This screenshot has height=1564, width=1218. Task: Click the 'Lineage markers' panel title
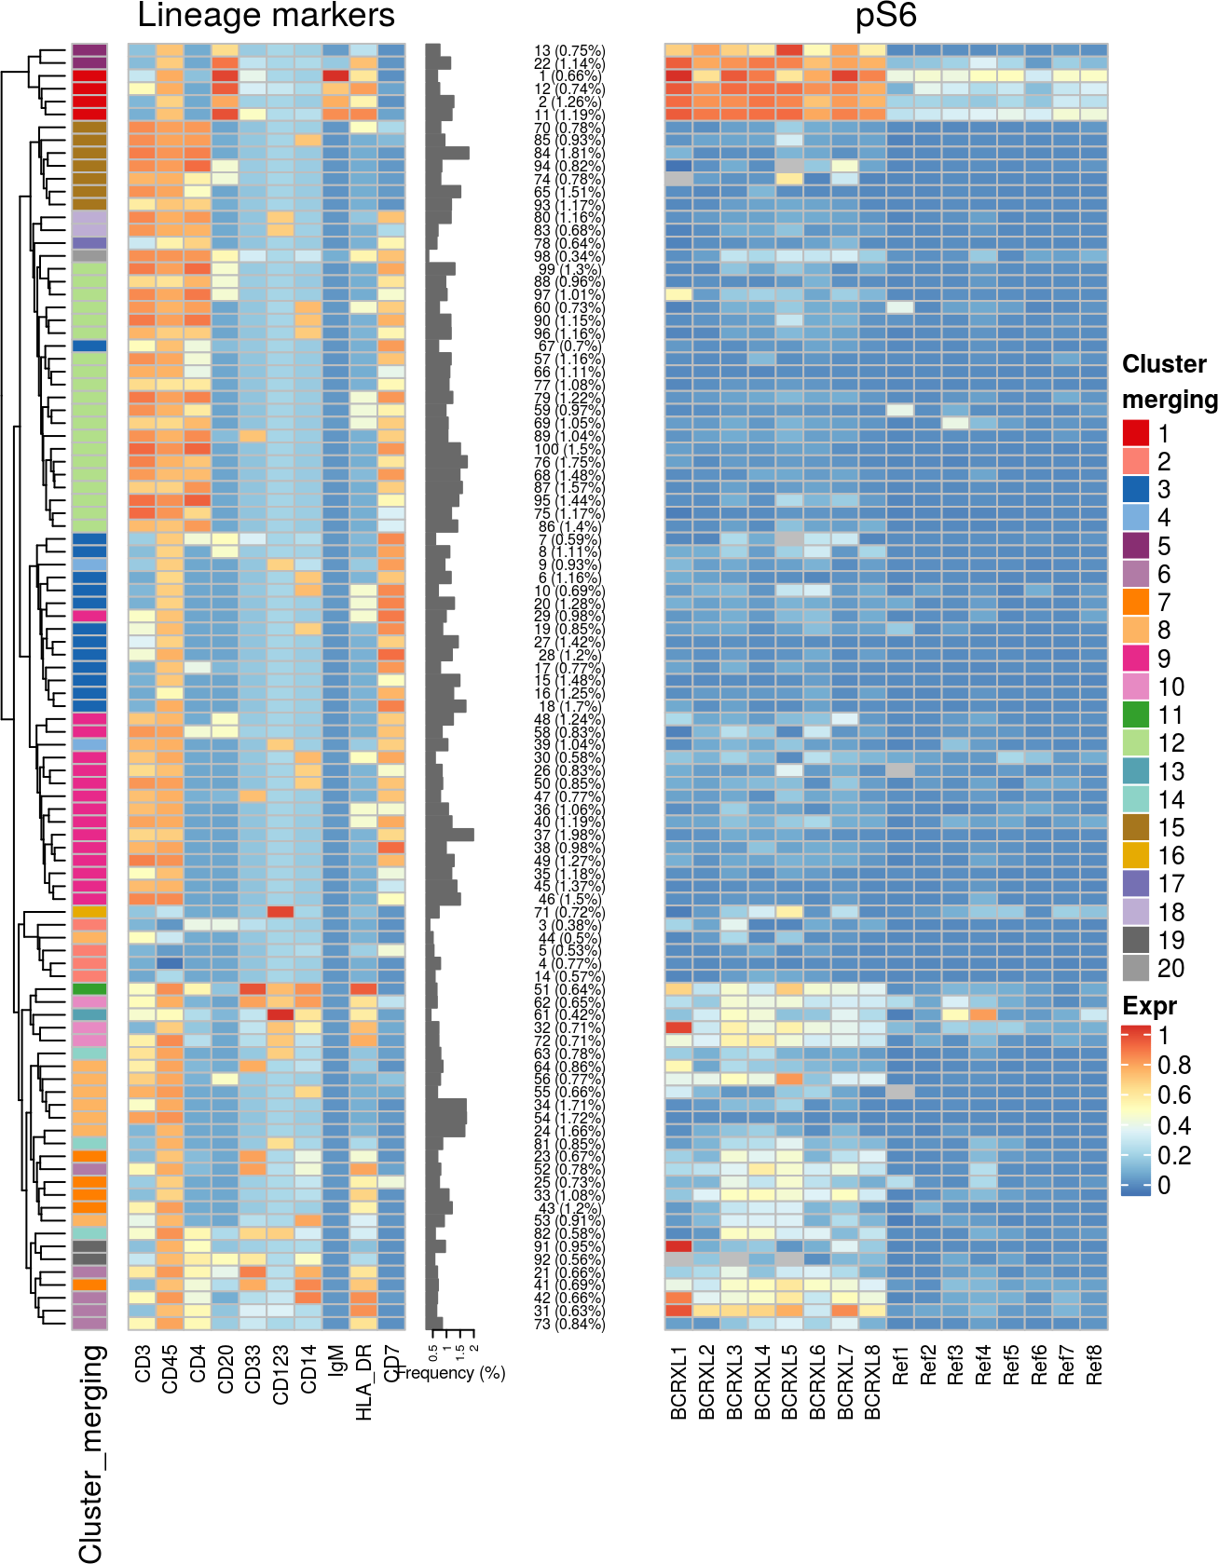[x=266, y=16]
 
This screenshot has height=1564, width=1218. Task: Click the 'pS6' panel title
[x=885, y=16]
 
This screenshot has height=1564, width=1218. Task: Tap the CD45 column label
[x=170, y=1368]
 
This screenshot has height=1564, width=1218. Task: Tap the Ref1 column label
[x=900, y=1365]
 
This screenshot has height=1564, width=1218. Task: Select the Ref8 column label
[x=1094, y=1365]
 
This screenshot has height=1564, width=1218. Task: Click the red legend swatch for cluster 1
[x=1135, y=433]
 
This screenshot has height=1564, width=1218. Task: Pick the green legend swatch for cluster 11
[x=1135, y=714]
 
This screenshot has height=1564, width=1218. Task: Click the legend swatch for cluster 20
[x=1135, y=968]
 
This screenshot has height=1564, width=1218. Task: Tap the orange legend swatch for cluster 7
[x=1135, y=602]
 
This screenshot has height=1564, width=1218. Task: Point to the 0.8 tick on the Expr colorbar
[x=1173, y=1065]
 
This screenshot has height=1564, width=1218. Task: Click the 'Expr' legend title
[x=1149, y=1006]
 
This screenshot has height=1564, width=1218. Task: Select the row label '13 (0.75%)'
[x=568, y=51]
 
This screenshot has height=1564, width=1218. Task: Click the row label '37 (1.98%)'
[x=568, y=835]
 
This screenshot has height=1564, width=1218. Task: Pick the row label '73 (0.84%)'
[x=568, y=1324]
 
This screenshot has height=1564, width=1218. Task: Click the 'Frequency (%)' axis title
[x=452, y=1372]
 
